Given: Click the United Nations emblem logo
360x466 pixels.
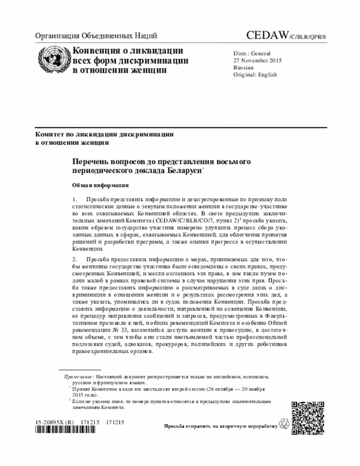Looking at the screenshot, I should point(53,61).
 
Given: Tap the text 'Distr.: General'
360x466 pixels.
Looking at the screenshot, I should point(253,53).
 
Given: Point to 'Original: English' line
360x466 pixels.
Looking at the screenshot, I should point(255,74).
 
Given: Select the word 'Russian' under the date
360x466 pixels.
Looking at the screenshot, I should point(243,67).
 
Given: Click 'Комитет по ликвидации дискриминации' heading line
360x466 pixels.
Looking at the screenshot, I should point(104,135).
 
